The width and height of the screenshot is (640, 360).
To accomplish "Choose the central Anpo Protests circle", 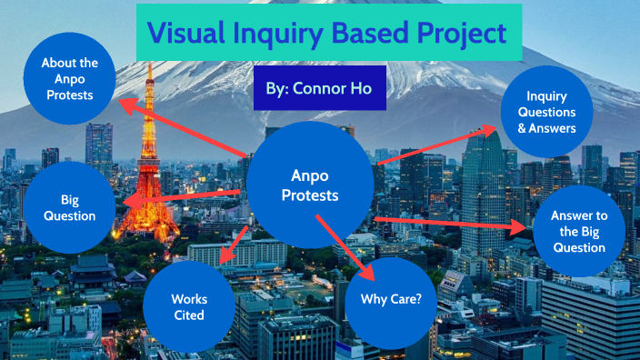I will (310, 185).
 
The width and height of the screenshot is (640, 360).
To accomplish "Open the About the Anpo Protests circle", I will (69, 78).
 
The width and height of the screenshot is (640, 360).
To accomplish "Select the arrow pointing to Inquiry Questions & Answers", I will (436, 145).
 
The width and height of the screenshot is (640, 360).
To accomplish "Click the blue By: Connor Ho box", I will (314, 89).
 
